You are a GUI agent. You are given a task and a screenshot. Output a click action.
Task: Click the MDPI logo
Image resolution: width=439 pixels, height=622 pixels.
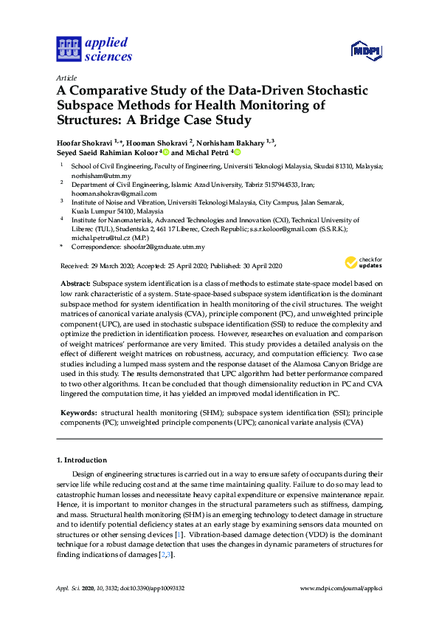tap(366, 49)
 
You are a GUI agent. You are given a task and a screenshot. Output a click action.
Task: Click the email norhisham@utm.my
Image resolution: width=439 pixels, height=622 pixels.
tap(95, 177)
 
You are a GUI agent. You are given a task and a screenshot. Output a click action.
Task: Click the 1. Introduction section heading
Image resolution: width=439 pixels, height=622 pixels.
tap(82, 459)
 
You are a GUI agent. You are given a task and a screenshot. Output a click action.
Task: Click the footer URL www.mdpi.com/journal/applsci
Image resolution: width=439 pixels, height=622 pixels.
tap(342, 588)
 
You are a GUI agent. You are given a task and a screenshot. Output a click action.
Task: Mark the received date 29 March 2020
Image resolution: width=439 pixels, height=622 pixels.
tap(103, 265)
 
